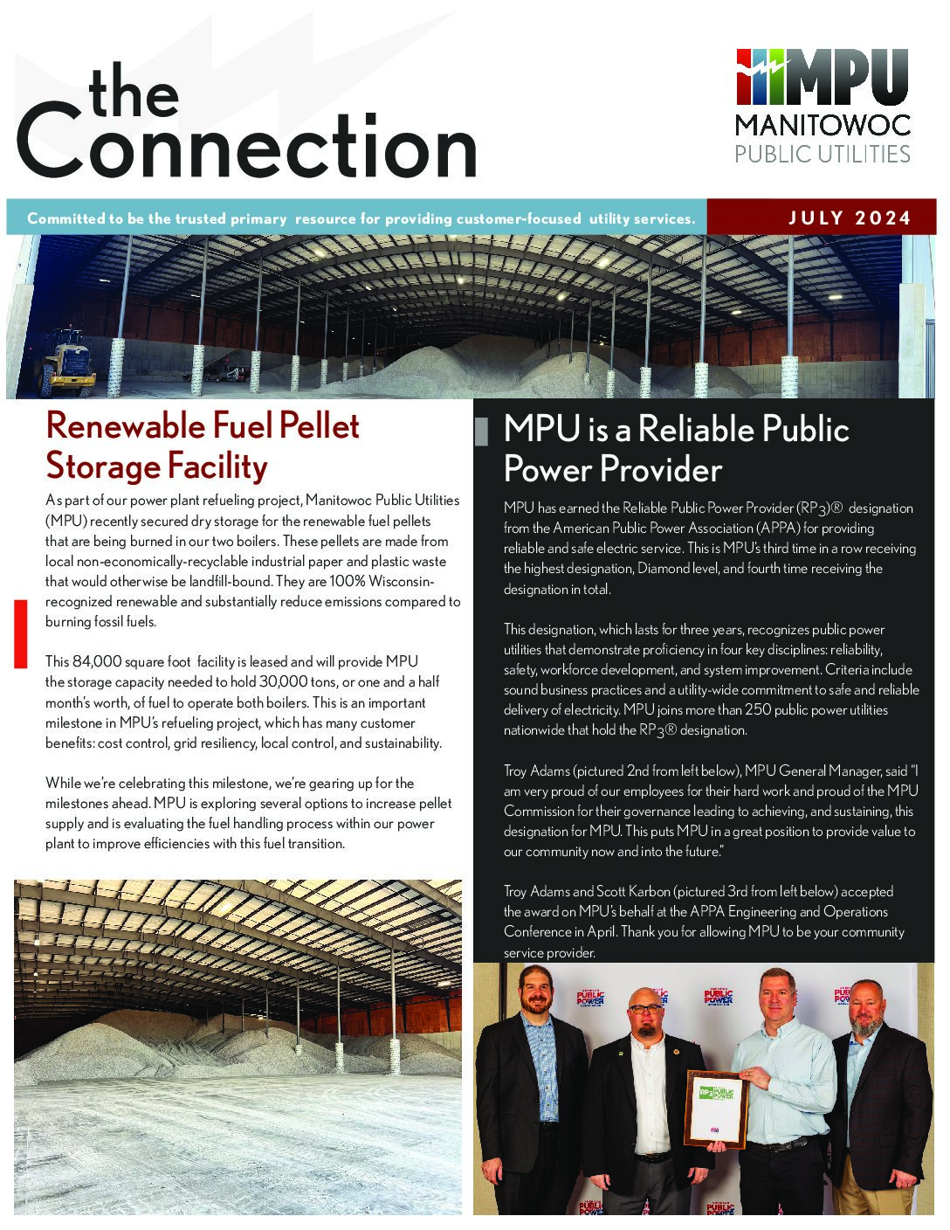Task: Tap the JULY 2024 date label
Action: click(850, 218)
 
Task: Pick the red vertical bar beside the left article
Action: click(20, 633)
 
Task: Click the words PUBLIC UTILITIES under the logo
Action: click(822, 155)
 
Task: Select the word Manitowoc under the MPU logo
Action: click(822, 124)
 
